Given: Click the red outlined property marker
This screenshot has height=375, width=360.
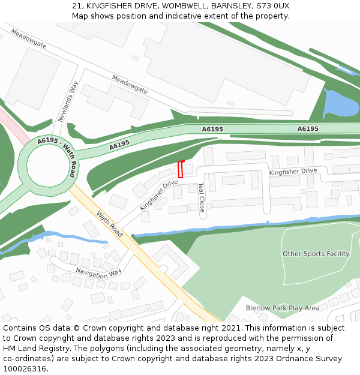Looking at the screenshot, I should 181,169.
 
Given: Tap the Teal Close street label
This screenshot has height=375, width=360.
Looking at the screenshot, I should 201,197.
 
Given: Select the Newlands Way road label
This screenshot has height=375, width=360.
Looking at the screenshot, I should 69,101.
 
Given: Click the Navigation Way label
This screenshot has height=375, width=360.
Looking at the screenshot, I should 99,272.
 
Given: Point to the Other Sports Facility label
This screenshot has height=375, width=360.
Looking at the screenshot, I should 316,254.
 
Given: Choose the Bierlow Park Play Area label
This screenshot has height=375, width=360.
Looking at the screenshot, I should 282,308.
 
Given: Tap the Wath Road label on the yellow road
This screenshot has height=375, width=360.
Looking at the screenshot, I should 110,224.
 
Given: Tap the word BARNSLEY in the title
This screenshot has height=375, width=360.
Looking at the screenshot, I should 231,6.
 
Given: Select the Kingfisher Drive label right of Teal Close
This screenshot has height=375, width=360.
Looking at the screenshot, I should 293,172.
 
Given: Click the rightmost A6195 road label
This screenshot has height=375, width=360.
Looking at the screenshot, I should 308,129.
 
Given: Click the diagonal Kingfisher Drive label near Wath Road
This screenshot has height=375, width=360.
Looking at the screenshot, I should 159,194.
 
